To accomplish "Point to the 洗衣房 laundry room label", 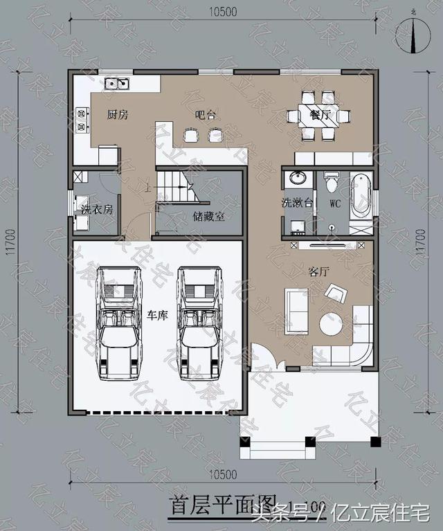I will [96, 208].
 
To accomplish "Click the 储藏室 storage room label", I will [208, 215].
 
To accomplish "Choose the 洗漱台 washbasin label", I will [297, 204].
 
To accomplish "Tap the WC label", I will [335, 204].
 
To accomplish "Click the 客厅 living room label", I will [318, 272].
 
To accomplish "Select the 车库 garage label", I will [157, 315].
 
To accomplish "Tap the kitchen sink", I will [119, 84].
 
